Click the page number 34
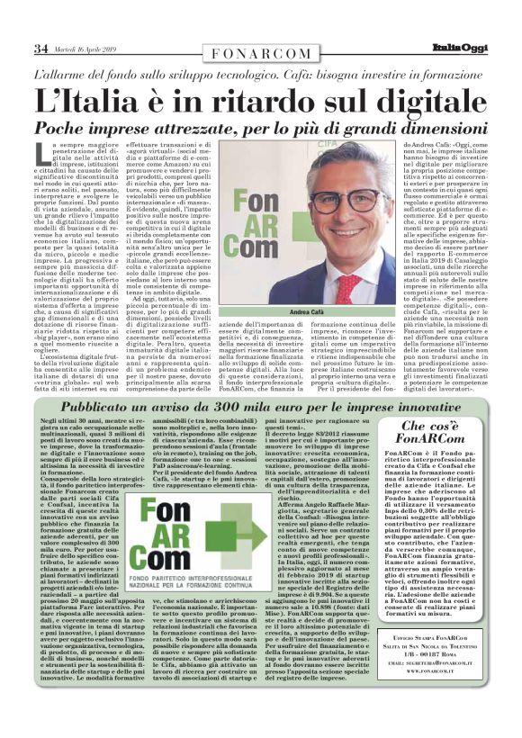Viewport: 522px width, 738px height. tap(40, 48)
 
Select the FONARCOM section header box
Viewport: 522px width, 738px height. tap(260, 53)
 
